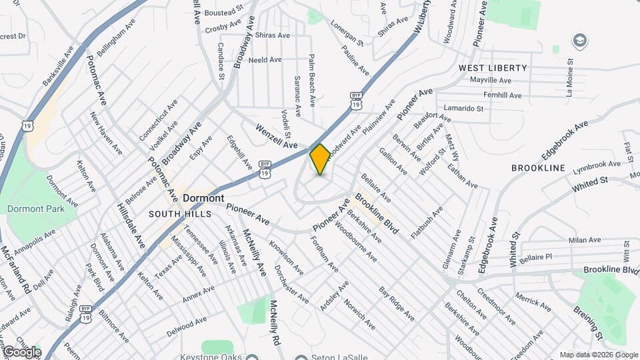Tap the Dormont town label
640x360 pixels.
point(203,199)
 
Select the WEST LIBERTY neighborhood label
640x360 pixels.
point(492,68)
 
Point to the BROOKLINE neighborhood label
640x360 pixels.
point(538,168)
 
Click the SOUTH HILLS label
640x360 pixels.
point(179,214)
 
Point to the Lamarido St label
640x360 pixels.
point(459,108)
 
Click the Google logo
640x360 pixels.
point(22,351)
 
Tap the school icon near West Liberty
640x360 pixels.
point(580,41)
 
